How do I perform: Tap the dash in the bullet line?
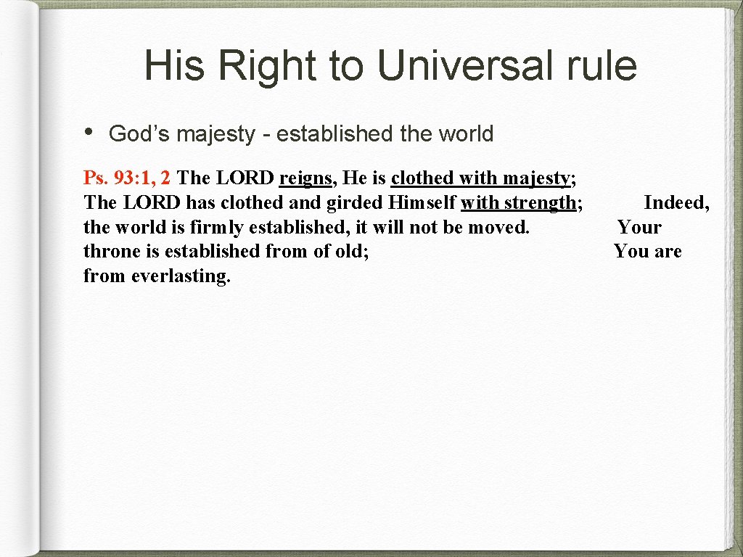(266, 135)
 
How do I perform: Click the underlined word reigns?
(305, 178)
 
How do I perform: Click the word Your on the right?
(639, 227)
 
